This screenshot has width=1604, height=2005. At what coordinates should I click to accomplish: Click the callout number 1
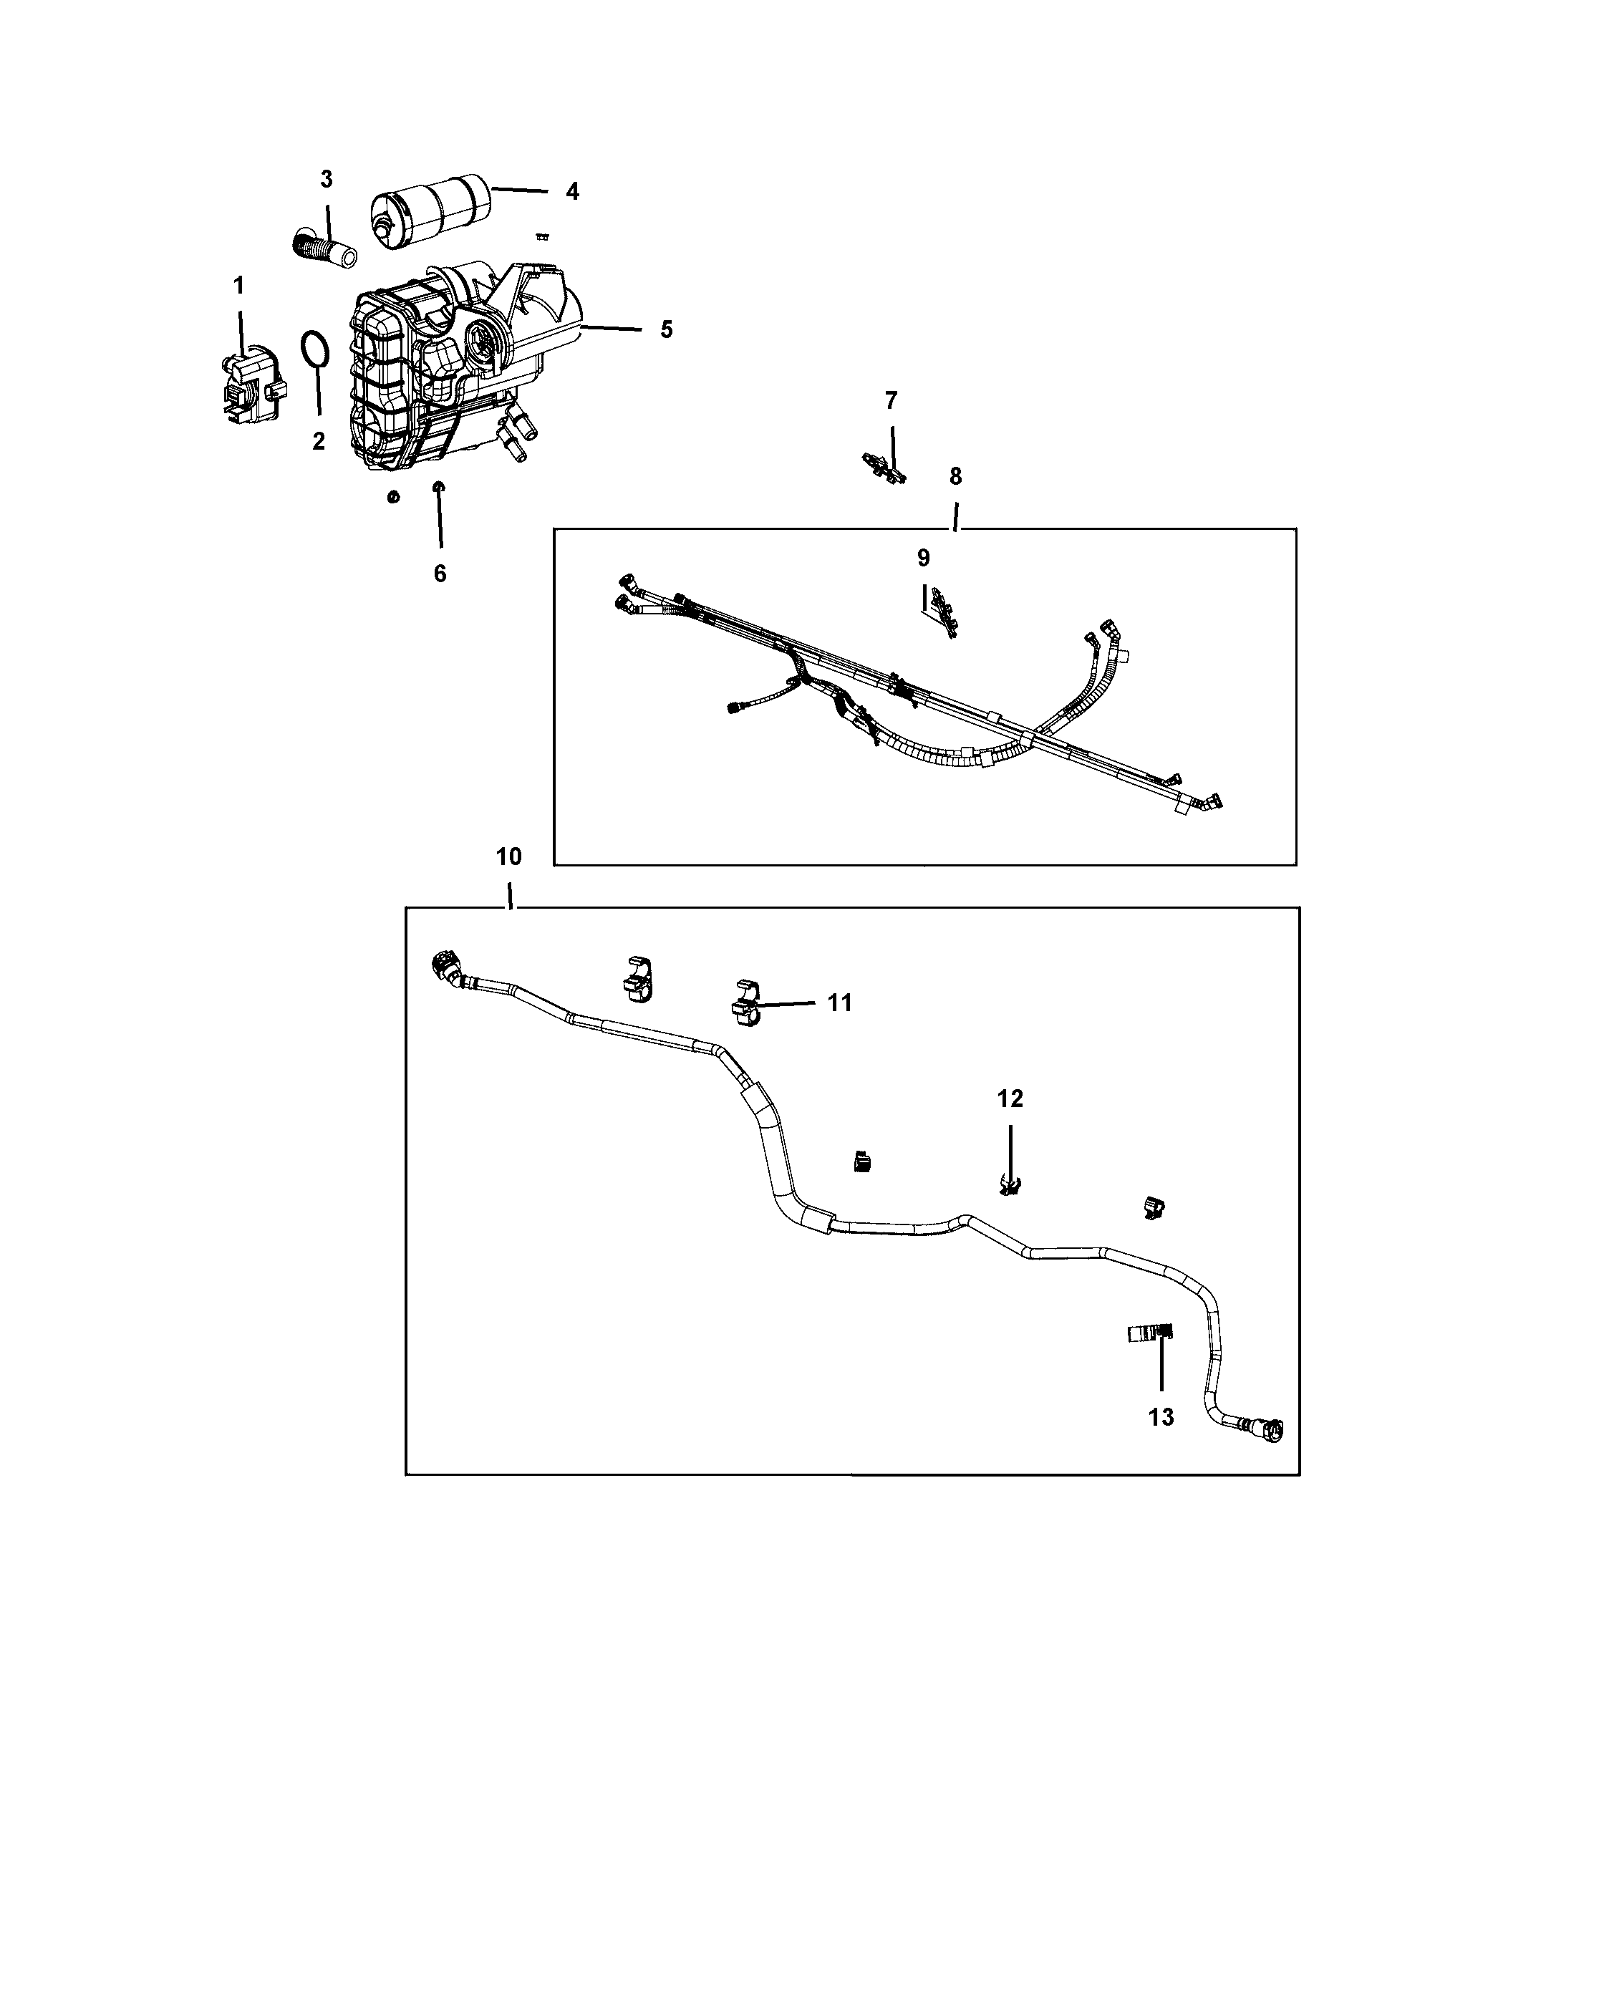click(239, 286)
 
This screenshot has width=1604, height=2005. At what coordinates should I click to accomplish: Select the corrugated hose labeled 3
click(325, 247)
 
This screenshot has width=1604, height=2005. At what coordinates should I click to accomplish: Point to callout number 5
click(666, 329)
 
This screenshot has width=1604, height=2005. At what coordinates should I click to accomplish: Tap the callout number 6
click(440, 574)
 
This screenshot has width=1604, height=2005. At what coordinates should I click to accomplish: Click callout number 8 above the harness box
click(956, 476)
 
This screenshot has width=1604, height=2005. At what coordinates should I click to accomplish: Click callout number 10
click(508, 856)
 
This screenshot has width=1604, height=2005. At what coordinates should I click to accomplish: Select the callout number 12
click(1010, 1098)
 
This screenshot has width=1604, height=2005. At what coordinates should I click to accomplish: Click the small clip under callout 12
click(1009, 1184)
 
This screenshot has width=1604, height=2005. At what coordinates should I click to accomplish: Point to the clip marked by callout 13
click(1150, 1333)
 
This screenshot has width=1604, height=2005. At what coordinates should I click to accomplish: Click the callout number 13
click(1161, 1417)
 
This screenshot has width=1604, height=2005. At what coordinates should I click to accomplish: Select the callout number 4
click(572, 192)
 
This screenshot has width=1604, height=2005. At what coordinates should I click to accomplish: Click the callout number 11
click(840, 1002)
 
